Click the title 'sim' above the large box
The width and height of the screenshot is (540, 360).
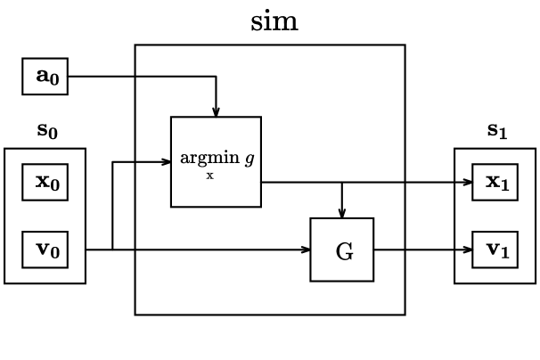pyautogui.click(x=274, y=20)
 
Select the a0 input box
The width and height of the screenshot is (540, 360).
pyautogui.click(x=45, y=77)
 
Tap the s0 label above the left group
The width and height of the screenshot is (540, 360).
pyautogui.click(x=47, y=131)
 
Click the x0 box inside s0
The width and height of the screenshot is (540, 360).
pyautogui.click(x=45, y=183)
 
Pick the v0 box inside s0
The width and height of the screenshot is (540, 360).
pyautogui.click(x=45, y=250)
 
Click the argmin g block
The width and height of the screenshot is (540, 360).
pyautogui.click(x=216, y=161)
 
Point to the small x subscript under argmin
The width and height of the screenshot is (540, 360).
pyautogui.click(x=210, y=176)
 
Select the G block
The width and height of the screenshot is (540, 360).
pyautogui.click(x=342, y=250)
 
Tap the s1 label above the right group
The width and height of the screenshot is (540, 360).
pyautogui.click(x=496, y=130)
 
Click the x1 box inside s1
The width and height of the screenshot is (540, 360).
pyautogui.click(x=495, y=183)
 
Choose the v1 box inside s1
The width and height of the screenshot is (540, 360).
pyautogui.click(x=495, y=250)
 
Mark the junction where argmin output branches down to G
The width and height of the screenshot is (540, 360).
pyautogui.click(x=342, y=183)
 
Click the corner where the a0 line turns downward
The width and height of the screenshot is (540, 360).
pyautogui.click(x=216, y=77)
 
